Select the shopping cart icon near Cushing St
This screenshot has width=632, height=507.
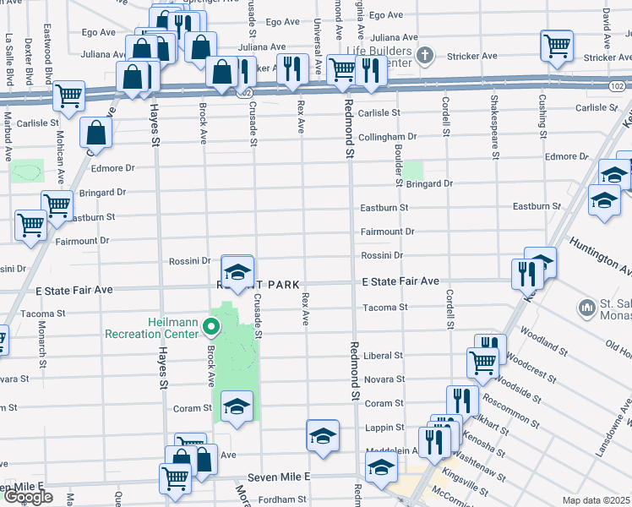[557, 46]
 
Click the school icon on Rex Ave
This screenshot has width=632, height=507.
[322, 435]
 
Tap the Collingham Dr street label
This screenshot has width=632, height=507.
[387, 136]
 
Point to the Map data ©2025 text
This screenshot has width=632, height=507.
[597, 500]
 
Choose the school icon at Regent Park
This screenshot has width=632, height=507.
[237, 271]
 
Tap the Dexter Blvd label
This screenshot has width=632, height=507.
[28, 60]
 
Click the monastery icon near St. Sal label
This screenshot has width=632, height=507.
[584, 305]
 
